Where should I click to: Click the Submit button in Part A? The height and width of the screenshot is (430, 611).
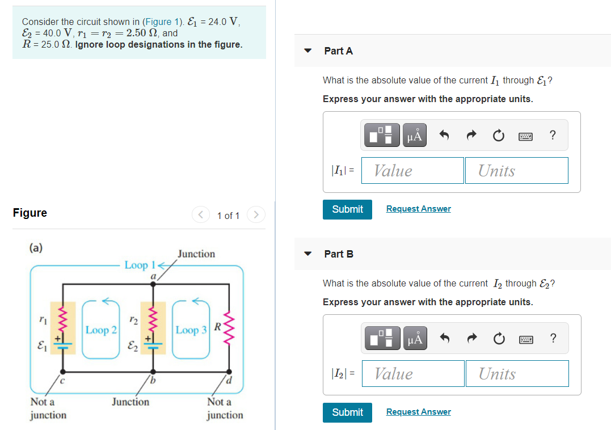(347, 209)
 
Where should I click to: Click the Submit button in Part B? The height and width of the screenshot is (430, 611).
(347, 412)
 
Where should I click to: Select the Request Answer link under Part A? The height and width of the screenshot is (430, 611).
(418, 209)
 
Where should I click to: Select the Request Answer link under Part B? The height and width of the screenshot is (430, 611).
(418, 412)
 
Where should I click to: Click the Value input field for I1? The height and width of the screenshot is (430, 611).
(412, 171)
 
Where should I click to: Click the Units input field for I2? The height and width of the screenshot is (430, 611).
(517, 374)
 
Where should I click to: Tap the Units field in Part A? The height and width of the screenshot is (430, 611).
(516, 171)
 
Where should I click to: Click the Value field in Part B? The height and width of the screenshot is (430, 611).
(412, 374)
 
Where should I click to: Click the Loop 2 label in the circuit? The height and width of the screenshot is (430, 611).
(102, 330)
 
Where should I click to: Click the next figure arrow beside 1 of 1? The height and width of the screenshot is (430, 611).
(256, 215)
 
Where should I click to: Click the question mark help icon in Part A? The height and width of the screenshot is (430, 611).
(553, 136)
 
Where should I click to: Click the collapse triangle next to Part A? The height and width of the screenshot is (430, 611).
(308, 50)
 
